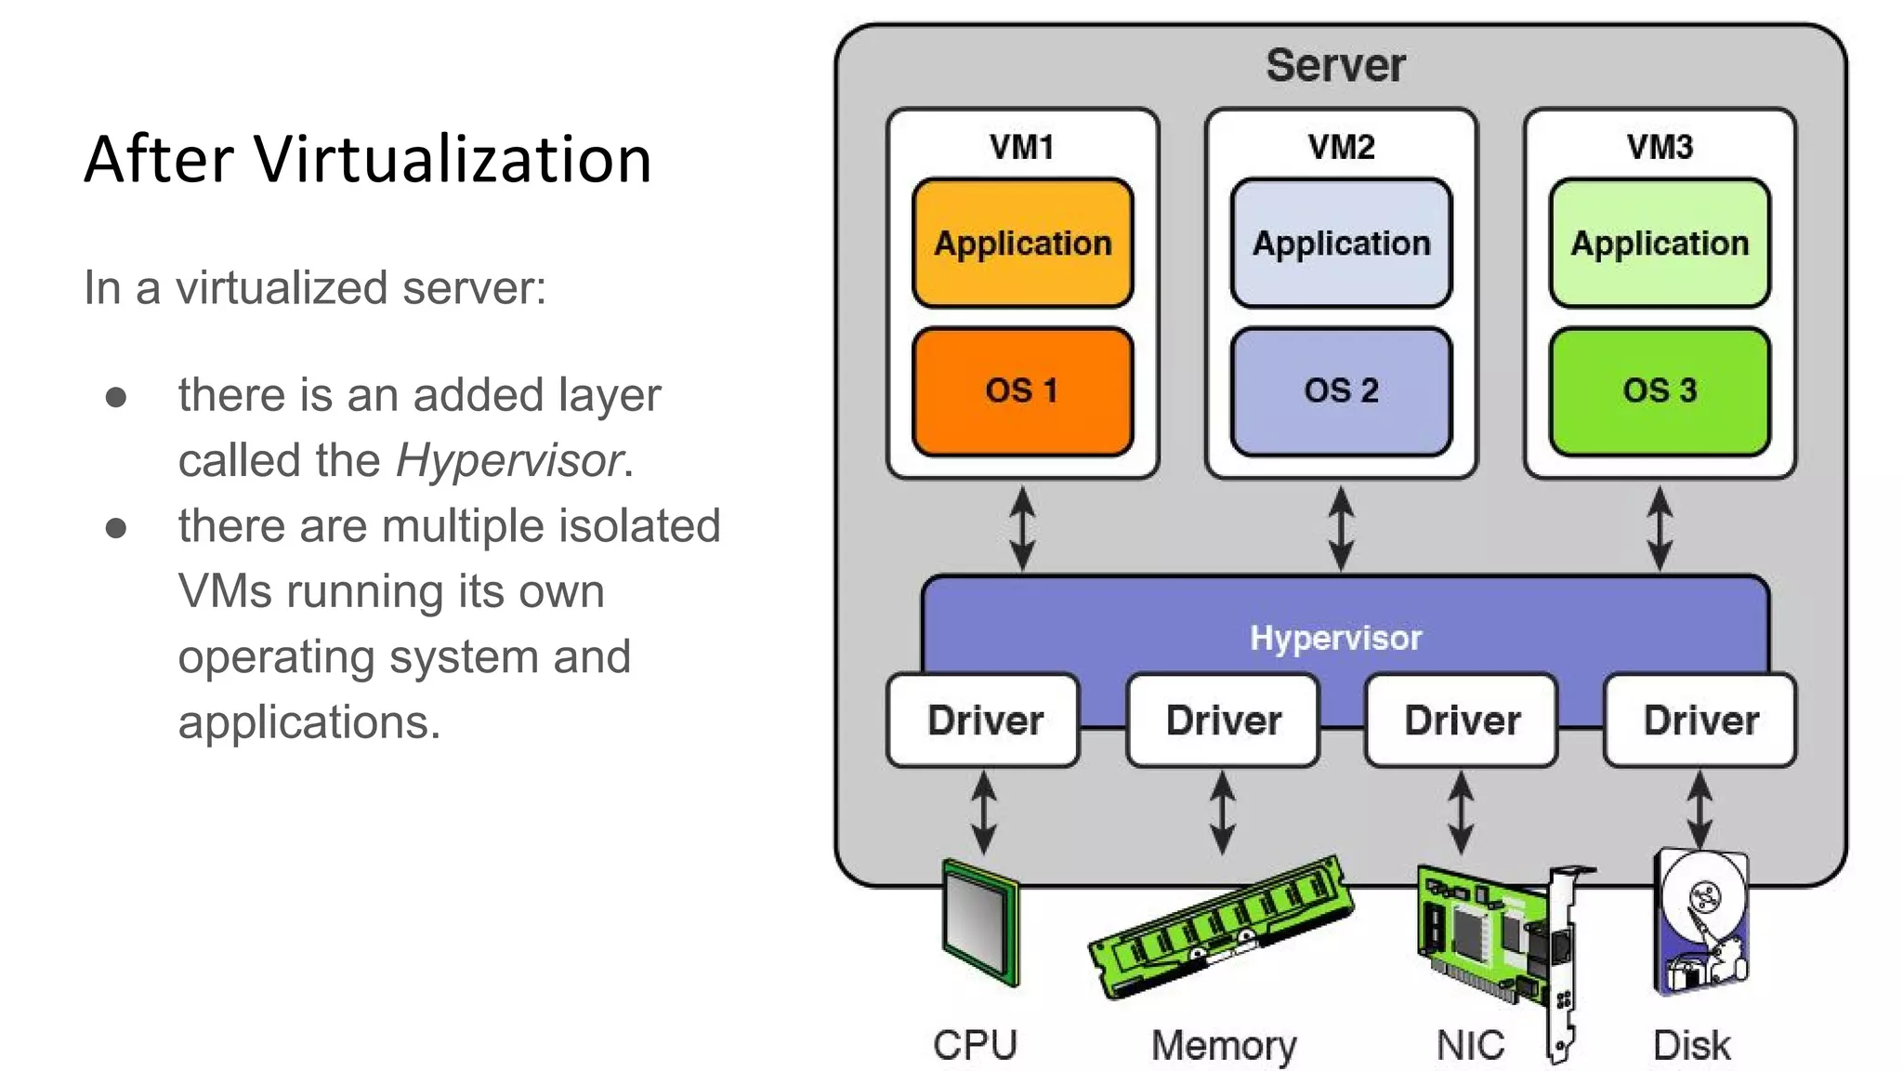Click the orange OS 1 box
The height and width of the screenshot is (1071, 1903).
coord(1022,391)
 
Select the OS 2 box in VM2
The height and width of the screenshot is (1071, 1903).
coord(1341,391)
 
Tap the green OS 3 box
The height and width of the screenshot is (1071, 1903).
coord(1660,391)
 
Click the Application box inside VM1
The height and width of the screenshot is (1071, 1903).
coord(1022,243)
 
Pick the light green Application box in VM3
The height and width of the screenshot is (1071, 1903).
coord(1660,243)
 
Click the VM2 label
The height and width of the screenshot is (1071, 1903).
coord(1341,147)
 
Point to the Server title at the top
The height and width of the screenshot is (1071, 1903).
coord(1335,65)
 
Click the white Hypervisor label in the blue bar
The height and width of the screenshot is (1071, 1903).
coord(1335,638)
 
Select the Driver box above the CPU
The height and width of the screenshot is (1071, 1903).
coord(984,721)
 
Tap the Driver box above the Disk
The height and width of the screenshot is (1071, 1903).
coord(1700,721)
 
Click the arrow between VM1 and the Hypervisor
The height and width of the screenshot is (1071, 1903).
coord(1022,528)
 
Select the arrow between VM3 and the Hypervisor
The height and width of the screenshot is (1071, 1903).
coord(1660,528)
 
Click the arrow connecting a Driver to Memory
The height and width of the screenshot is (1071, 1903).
coord(1223,813)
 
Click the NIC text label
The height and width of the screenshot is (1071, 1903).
coord(1470,1045)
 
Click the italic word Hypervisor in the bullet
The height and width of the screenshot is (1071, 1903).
coord(509,460)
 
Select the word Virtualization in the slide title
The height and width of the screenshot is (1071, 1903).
coord(453,159)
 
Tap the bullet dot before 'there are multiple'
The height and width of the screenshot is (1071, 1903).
coord(116,528)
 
